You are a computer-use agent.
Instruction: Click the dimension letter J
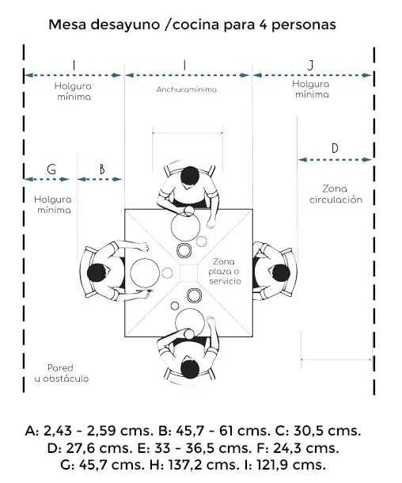(310, 65)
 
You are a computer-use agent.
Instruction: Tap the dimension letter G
(51, 169)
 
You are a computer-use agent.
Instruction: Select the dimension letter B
(102, 169)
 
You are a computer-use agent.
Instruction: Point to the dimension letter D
(335, 149)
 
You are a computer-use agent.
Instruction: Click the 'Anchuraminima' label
(187, 89)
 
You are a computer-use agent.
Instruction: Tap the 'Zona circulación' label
(336, 194)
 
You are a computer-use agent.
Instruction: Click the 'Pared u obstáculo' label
(62, 373)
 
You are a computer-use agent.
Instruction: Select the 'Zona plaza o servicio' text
(225, 272)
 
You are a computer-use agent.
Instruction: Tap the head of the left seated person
(97, 272)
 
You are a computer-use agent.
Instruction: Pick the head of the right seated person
(280, 273)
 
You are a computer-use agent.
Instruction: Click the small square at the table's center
(188, 273)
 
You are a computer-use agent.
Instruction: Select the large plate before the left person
(145, 273)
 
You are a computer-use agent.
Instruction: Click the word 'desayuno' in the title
(126, 25)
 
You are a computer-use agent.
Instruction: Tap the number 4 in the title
(264, 25)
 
